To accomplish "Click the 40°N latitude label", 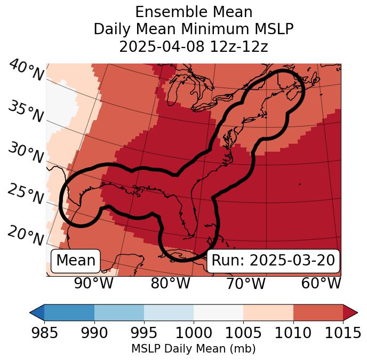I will (x=26, y=71).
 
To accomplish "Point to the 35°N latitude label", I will (x=26, y=112).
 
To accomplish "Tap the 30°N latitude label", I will (x=26, y=153).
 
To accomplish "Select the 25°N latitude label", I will (x=26, y=194).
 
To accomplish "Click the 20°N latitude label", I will (x=26, y=236).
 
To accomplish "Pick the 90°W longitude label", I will (x=93, y=283).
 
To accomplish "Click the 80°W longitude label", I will (x=170, y=283).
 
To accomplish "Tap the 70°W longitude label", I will (x=245, y=283).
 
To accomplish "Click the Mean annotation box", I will (x=76, y=261).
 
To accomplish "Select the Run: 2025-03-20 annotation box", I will (x=273, y=261).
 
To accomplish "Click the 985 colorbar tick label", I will (x=44, y=333).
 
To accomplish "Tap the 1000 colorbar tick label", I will (x=193, y=333).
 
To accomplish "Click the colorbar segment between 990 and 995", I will (x=119, y=312).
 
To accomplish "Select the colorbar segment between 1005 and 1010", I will (x=268, y=312).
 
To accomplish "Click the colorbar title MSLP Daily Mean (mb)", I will (x=193, y=349).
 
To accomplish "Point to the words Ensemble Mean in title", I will (x=193, y=12).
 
